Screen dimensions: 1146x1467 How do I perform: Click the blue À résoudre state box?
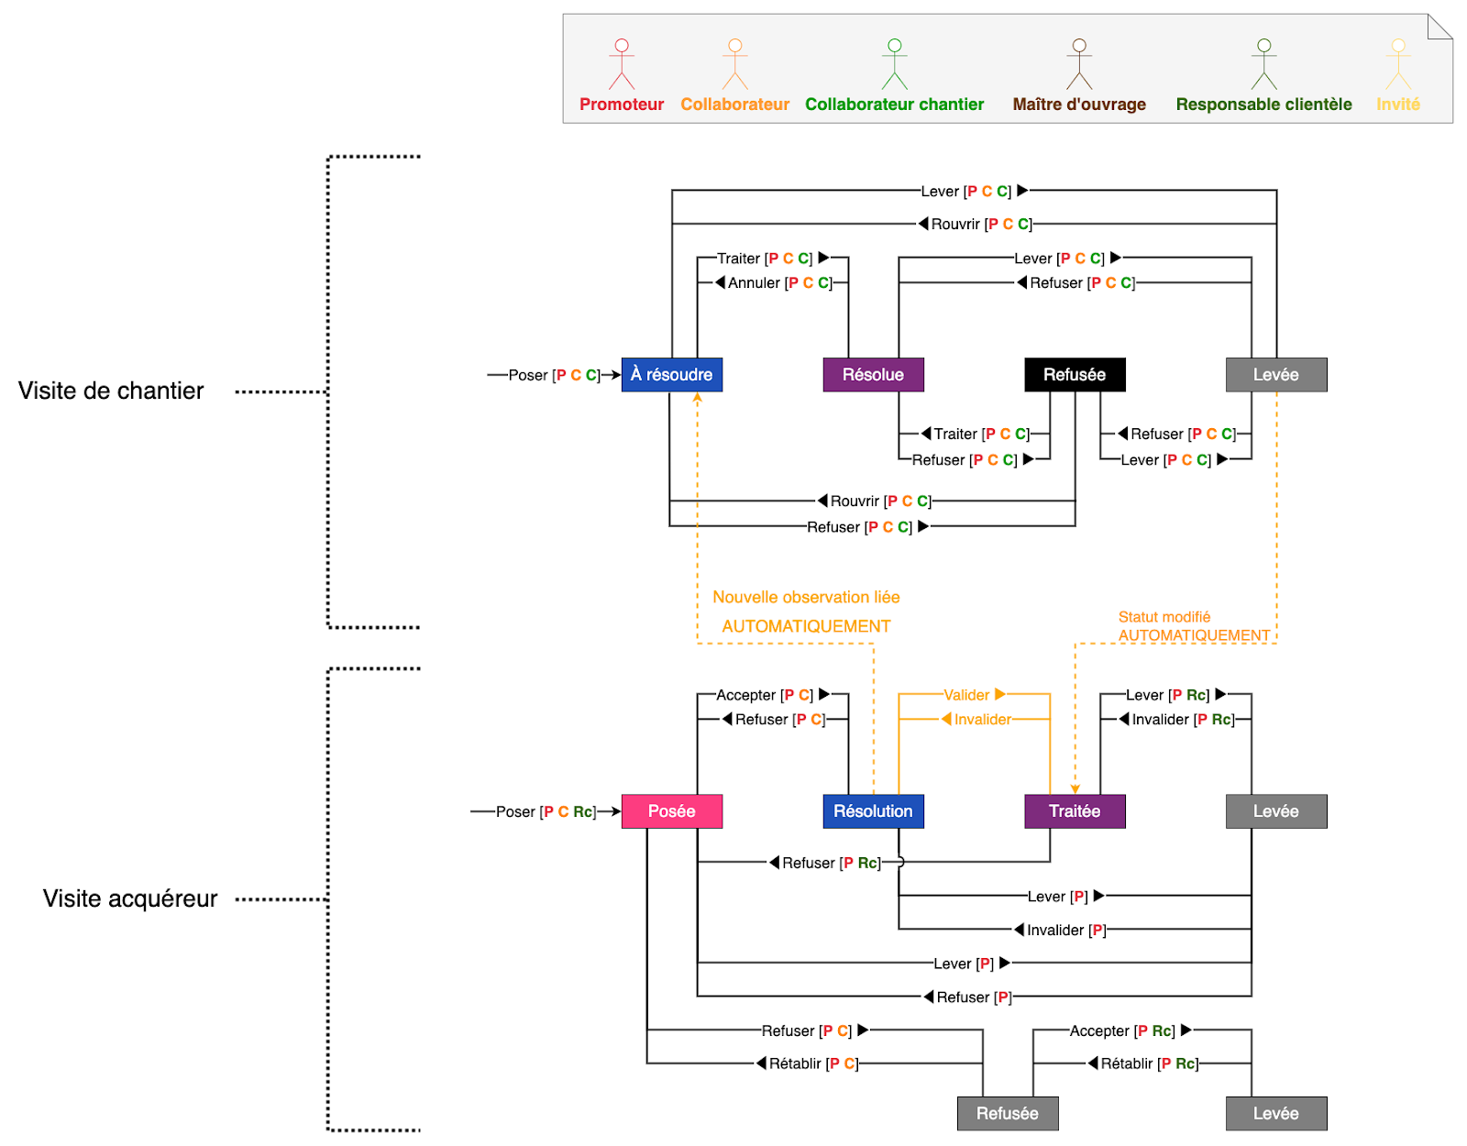coord(671,374)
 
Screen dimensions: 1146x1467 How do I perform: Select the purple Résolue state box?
coord(873,374)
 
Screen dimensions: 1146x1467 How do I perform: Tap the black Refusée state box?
coord(1075,374)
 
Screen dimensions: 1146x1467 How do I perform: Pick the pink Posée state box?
coord(671,811)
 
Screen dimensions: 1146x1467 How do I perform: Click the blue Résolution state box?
coord(873,811)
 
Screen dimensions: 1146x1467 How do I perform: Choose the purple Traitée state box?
coord(1075,811)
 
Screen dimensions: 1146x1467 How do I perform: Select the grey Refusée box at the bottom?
coord(1007,1113)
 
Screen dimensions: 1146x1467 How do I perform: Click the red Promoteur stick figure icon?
coord(622,64)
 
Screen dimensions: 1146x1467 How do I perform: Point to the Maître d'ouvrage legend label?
coord(1079,105)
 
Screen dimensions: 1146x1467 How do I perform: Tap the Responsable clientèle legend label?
coord(1263,105)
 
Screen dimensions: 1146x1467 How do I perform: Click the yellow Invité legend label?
coord(1397,105)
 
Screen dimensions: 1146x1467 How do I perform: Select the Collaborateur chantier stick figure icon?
coord(894,64)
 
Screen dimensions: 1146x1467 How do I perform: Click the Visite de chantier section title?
coord(111,391)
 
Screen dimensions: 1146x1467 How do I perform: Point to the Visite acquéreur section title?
coord(130,898)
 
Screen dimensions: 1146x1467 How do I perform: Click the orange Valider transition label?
coord(967,695)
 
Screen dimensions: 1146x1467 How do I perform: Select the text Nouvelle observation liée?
coord(806,597)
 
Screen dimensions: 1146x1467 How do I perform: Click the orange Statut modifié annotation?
coord(1164,617)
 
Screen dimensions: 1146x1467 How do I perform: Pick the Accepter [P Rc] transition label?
coord(1121,1030)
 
